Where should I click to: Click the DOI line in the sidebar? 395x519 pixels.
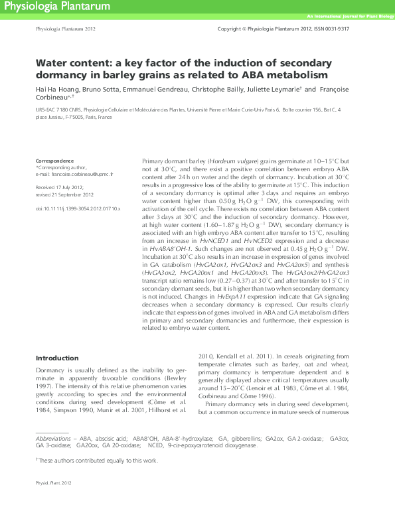[78, 208]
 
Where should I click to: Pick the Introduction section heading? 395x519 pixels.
[57, 358]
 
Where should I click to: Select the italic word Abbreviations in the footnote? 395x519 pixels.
[53, 439]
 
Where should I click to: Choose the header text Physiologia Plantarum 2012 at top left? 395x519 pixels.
[65, 30]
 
